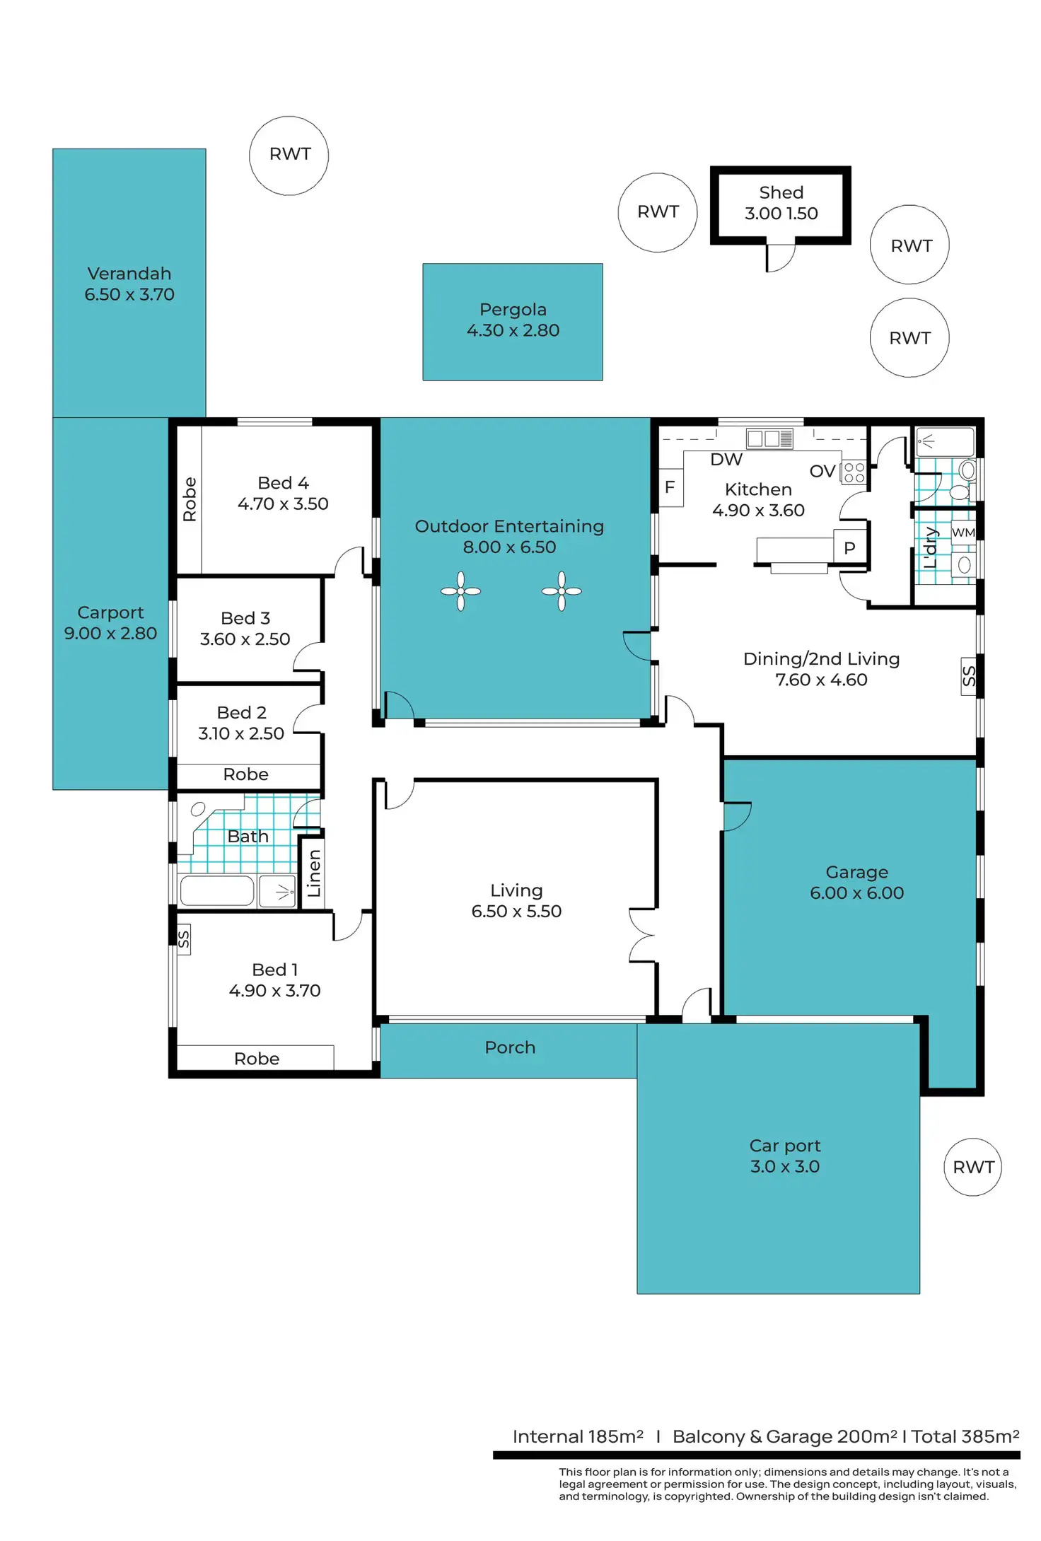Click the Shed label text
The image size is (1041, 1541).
[x=781, y=192]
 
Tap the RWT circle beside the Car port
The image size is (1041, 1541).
[x=973, y=1167]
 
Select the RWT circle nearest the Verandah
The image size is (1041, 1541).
[x=289, y=156]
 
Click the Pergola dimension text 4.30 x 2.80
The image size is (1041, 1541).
[x=513, y=330]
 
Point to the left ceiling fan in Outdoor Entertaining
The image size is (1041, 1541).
[x=460, y=591]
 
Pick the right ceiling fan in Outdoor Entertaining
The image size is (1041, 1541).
[x=562, y=591]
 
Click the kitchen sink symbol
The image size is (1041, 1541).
[x=769, y=438]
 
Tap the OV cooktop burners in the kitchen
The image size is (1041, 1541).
[x=854, y=472]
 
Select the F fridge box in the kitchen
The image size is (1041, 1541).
[x=670, y=487]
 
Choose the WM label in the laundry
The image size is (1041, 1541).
[x=963, y=533]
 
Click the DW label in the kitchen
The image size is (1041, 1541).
[x=726, y=460]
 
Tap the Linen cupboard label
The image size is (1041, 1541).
[x=313, y=873]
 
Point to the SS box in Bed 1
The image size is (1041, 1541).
[x=183, y=939]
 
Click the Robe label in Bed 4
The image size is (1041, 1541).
[x=190, y=499]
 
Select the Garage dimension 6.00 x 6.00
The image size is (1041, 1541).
[x=856, y=892]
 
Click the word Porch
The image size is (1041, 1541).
[x=510, y=1047]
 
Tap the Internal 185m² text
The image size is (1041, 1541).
[x=578, y=1436]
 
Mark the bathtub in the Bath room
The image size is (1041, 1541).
[x=216, y=891]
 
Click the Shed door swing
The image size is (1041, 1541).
[x=781, y=259]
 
